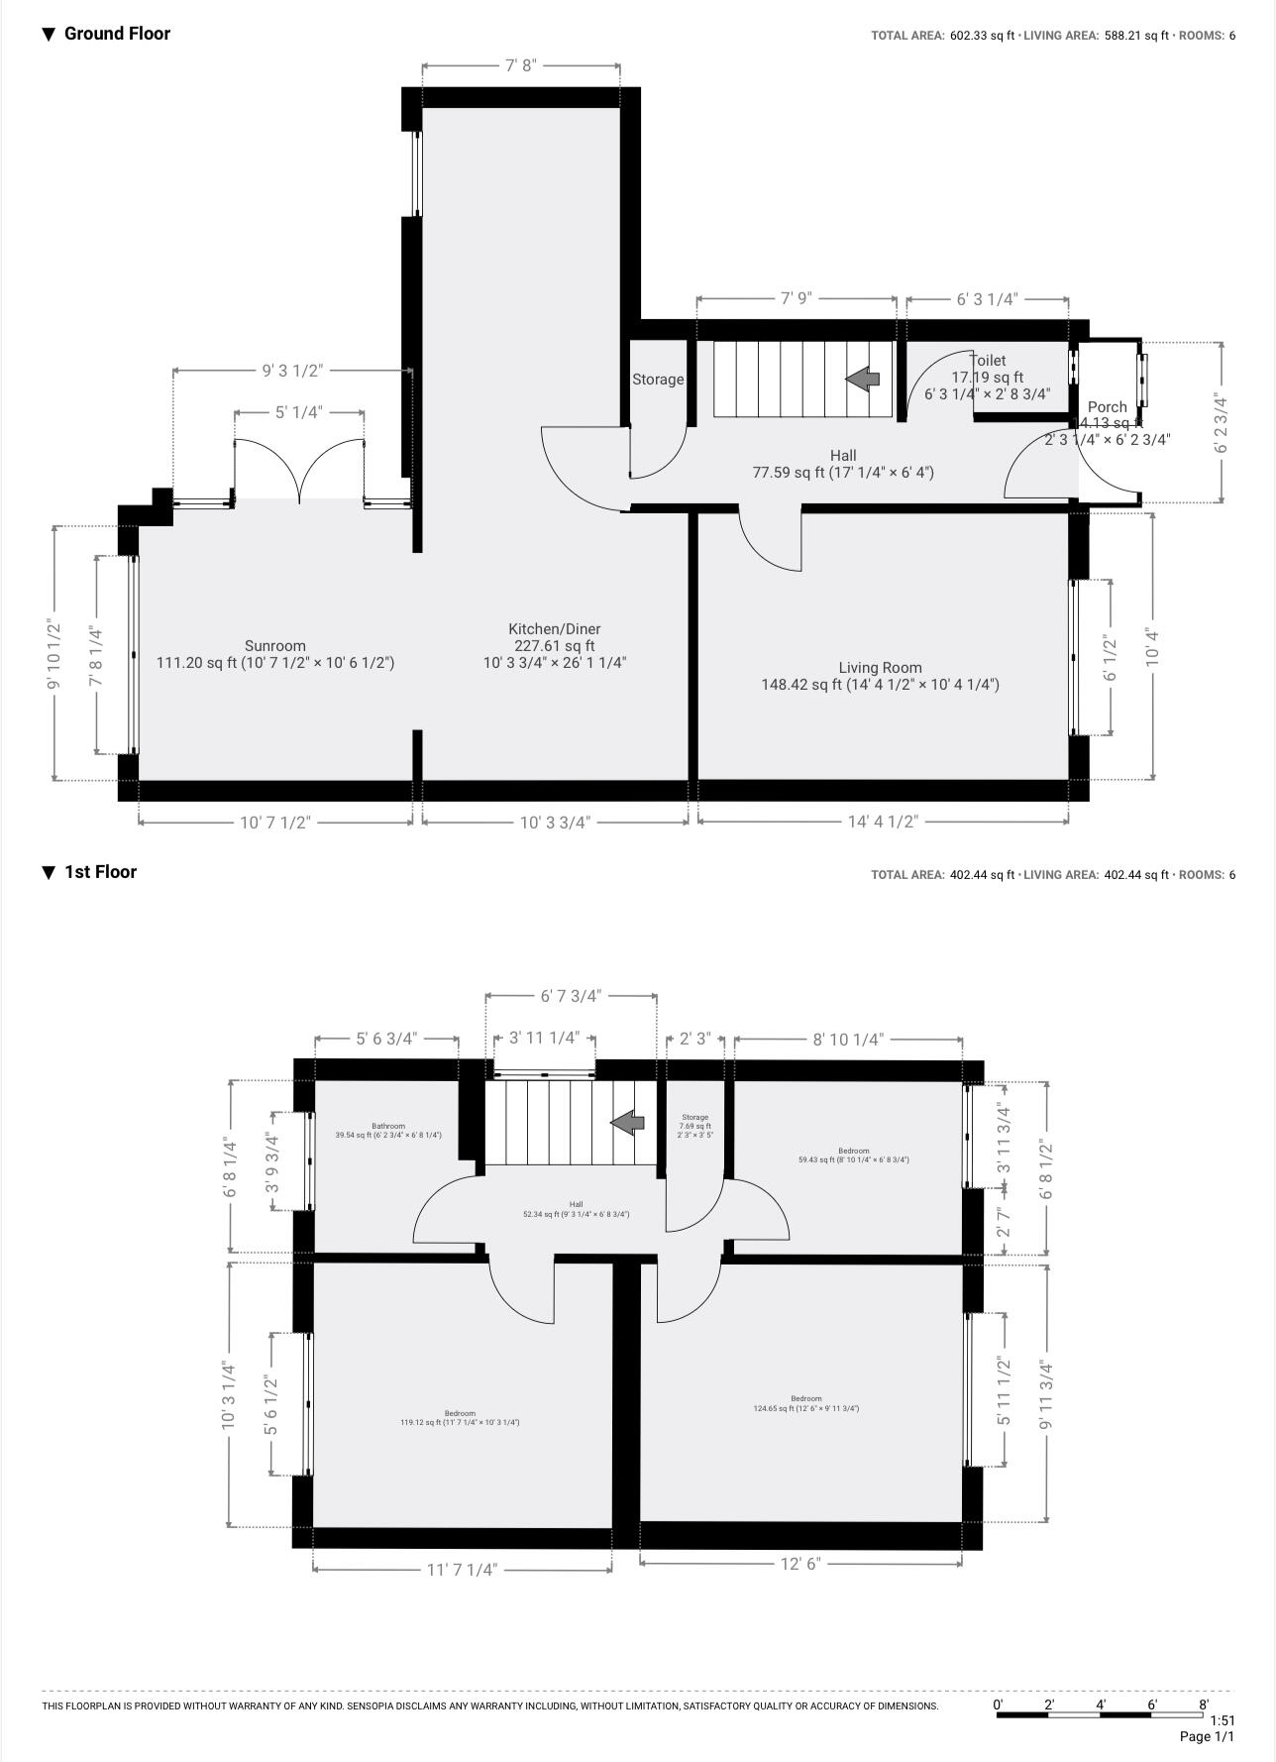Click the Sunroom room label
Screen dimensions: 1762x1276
coord(275,646)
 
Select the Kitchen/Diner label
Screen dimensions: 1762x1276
coord(555,629)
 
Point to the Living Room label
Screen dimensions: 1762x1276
coord(880,668)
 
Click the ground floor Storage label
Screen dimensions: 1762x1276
coord(658,380)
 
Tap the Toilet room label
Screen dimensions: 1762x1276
coord(988,361)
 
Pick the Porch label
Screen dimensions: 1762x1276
coord(1107,407)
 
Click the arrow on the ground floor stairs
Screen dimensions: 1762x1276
coord(863,378)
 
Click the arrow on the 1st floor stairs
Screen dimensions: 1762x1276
coord(627,1122)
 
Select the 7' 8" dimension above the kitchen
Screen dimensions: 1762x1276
coord(521,65)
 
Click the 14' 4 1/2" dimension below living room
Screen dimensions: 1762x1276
coord(883,822)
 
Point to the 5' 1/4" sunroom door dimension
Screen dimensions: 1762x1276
coord(299,411)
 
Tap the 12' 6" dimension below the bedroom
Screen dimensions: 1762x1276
coord(800,1564)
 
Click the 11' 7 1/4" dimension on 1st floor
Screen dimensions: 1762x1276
coord(462,1570)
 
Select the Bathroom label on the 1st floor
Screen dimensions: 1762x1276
coord(388,1126)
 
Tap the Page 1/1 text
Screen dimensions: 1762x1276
coord(1207,1737)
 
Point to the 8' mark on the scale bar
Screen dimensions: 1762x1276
coord(1204,1705)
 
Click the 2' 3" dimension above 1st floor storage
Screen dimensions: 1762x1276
coord(695,1039)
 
